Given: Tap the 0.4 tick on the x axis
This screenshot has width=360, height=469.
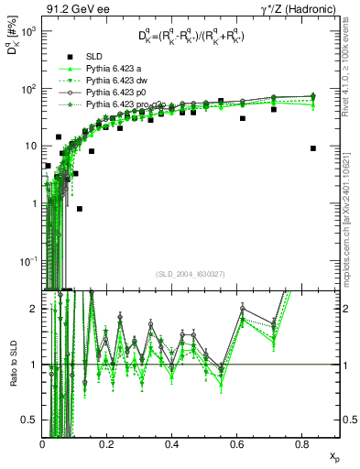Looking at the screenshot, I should (171, 444).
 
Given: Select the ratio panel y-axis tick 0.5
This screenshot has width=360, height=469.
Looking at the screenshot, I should (32, 420).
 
